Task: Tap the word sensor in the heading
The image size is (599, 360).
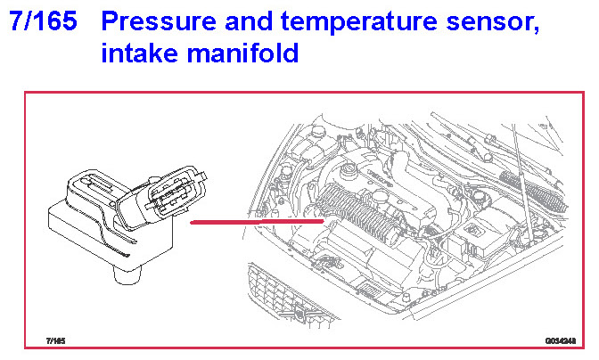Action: click(491, 24)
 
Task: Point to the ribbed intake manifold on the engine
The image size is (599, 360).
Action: click(361, 214)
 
